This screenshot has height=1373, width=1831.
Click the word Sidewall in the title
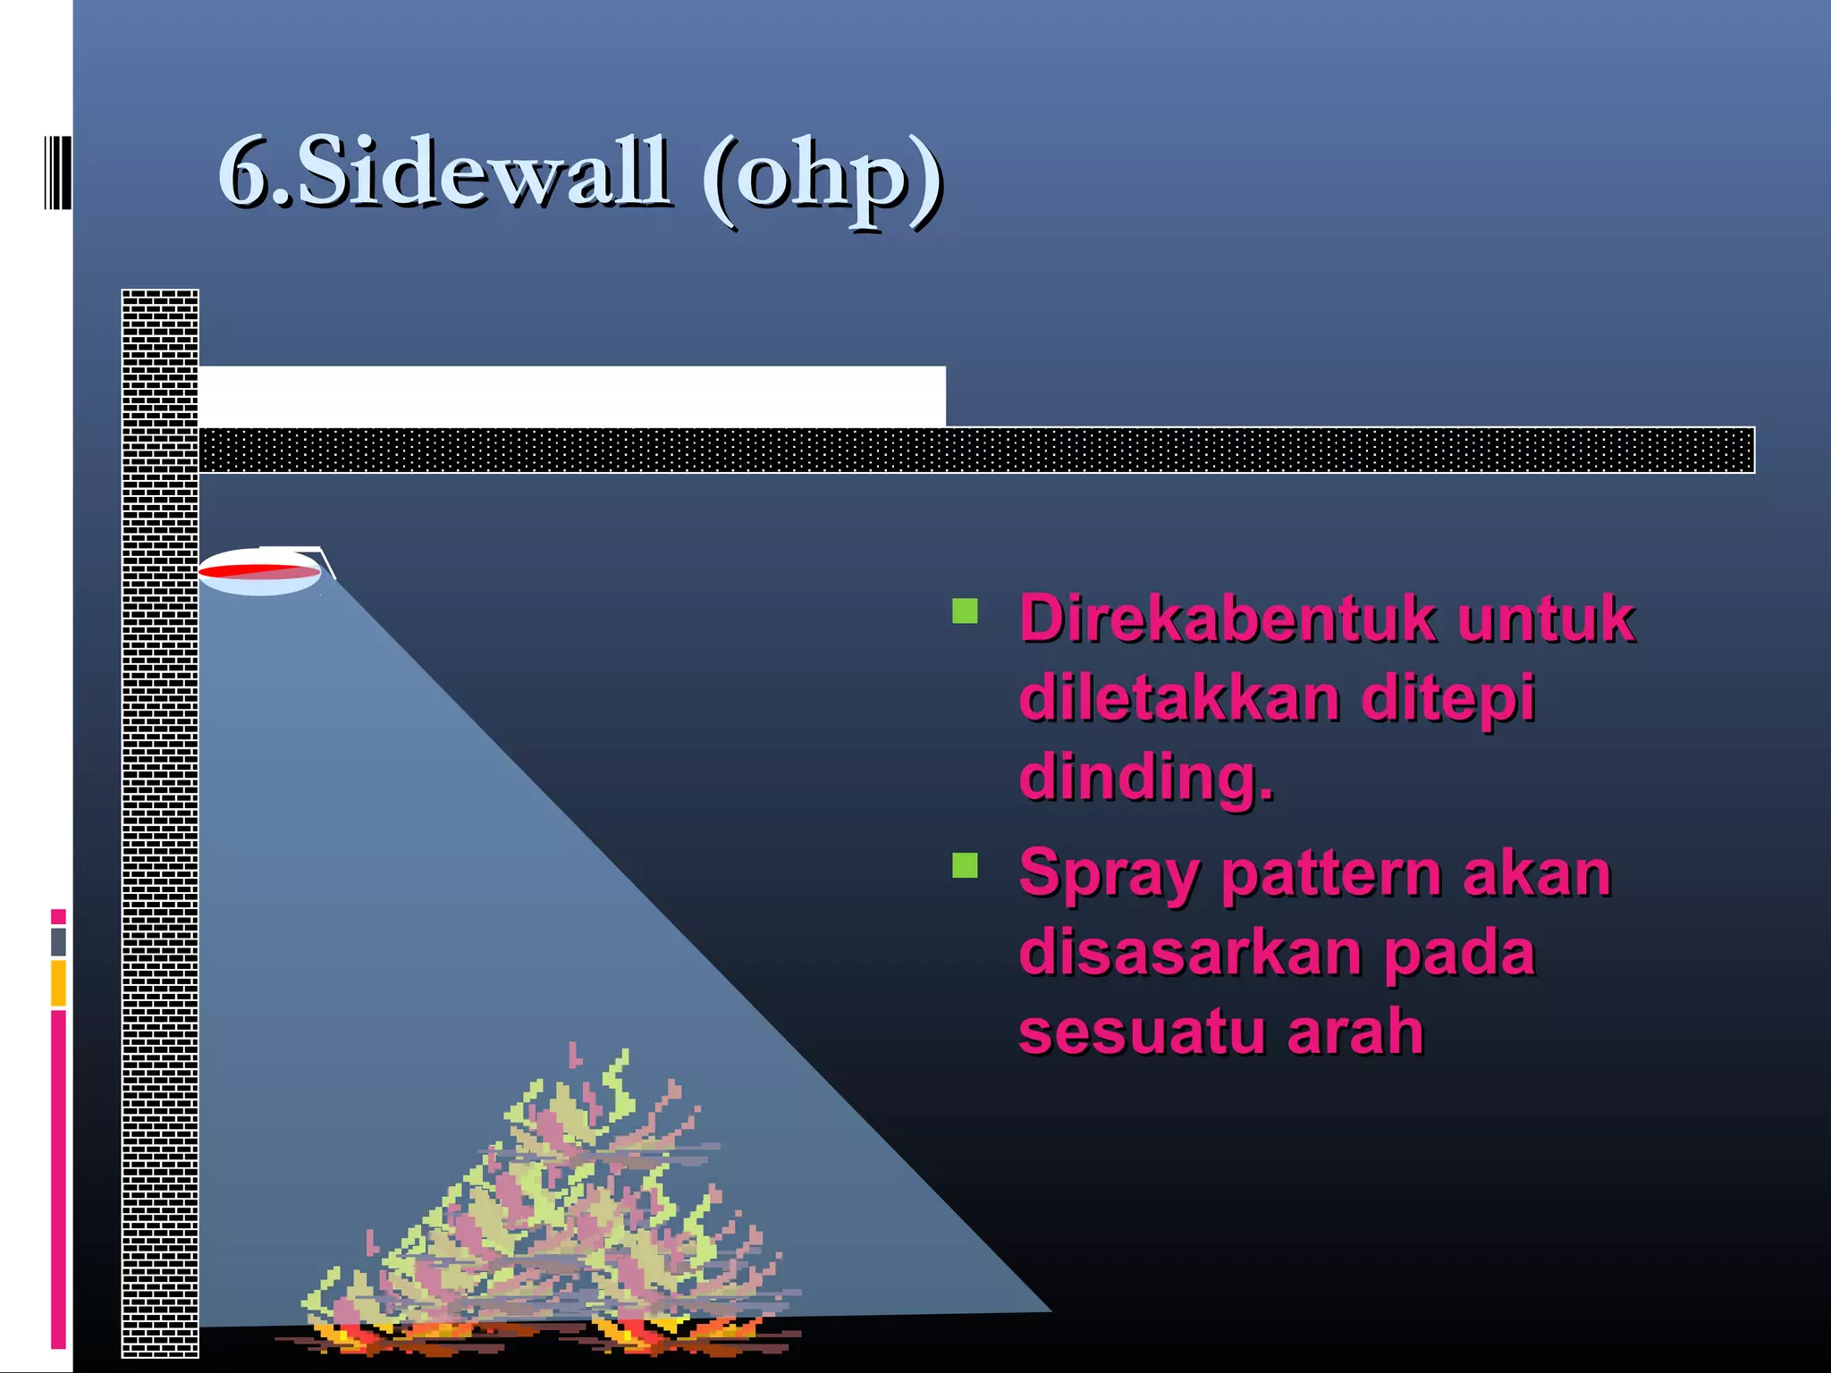[483, 172]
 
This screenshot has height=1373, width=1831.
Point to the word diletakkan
[1178, 697]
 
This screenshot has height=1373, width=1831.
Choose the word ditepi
[1447, 697]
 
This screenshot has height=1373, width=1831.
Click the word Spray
[1110, 873]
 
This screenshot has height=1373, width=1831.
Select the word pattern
[1331, 873]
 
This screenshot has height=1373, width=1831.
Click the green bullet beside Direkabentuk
[965, 611]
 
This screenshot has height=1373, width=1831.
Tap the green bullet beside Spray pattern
[965, 865]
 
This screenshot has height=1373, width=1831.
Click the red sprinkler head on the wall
[258, 571]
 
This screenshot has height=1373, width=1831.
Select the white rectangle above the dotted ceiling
[571, 396]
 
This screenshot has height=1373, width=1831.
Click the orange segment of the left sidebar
[58, 982]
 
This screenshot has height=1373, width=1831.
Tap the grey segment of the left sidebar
[58, 941]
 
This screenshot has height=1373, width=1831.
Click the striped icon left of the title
[57, 172]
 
